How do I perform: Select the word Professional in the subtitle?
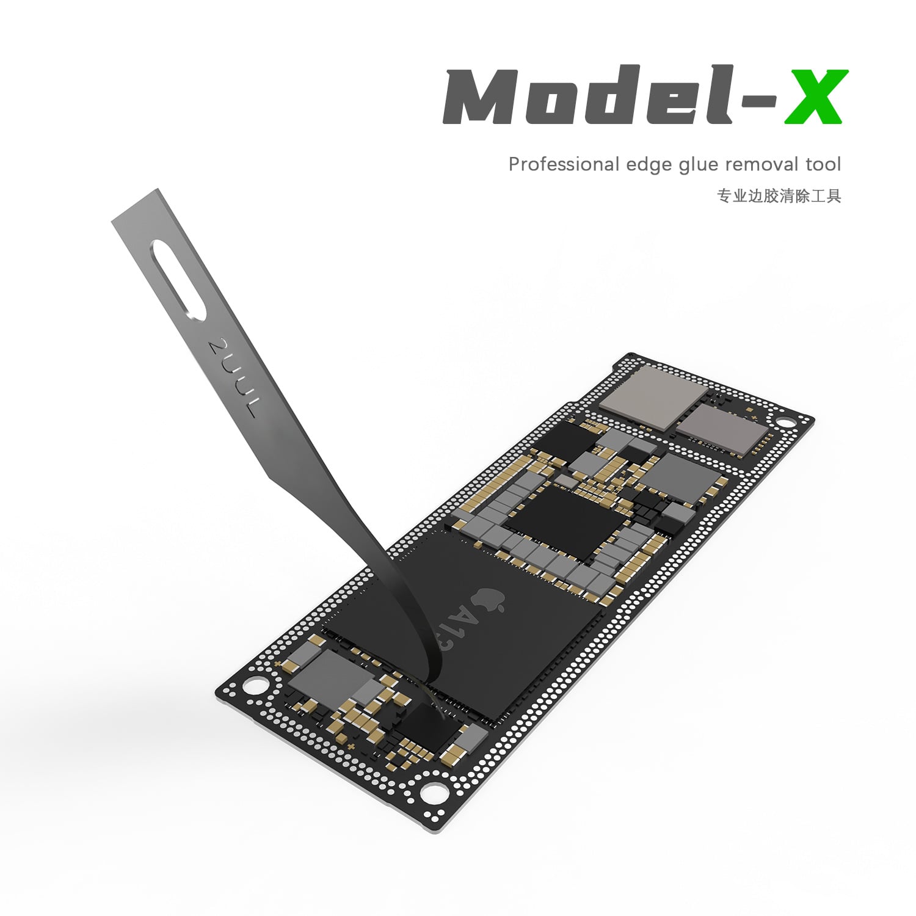(x=564, y=164)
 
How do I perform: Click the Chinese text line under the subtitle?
(x=779, y=196)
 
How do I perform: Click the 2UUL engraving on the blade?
(x=234, y=378)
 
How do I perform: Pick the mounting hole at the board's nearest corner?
(x=432, y=793)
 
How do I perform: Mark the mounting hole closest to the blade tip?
(x=256, y=685)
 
